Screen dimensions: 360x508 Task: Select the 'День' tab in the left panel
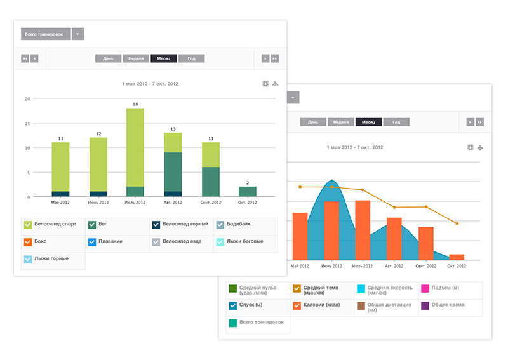point(108,58)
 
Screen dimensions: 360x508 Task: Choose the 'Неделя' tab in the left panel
point(136,58)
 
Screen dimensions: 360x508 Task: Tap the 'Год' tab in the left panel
point(191,58)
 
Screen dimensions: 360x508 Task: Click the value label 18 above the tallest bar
point(135,103)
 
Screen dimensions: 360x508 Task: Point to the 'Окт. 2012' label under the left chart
point(248,203)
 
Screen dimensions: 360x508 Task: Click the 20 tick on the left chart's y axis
point(27,99)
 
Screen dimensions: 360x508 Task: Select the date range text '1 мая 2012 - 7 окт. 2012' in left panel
point(150,83)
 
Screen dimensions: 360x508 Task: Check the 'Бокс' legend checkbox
point(28,242)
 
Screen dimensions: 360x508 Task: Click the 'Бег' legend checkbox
point(92,225)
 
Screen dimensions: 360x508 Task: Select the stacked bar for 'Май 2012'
point(60,169)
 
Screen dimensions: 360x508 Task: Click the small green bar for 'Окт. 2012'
point(248,191)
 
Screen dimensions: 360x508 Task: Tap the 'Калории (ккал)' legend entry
point(321,305)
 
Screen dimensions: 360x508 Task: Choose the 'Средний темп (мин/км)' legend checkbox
point(297,289)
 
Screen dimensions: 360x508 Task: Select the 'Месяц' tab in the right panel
point(368,122)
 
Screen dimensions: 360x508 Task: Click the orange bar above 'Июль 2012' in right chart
point(363,229)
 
